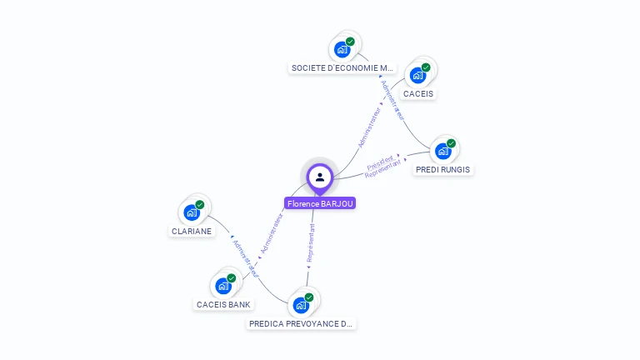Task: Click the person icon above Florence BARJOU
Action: click(320, 177)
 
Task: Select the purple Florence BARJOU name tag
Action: click(320, 203)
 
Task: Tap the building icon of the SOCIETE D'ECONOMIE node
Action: click(342, 49)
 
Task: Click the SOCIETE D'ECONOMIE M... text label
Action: click(342, 67)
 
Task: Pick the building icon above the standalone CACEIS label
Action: click(417, 75)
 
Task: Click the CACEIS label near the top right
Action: click(418, 93)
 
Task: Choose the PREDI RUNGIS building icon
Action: click(442, 151)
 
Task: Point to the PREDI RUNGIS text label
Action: click(442, 169)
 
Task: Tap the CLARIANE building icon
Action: click(192, 212)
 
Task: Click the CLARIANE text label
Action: click(192, 231)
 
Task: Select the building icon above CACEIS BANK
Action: click(222, 286)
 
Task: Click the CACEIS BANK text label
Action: click(223, 304)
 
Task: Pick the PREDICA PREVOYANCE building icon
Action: click(301, 305)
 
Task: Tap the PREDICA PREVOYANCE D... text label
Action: click(301, 323)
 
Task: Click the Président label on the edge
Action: click(380, 161)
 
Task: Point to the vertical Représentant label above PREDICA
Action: click(311, 242)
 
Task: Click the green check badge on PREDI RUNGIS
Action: click(451, 143)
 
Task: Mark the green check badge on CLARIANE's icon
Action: click(200, 204)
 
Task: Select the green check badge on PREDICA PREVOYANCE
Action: click(309, 297)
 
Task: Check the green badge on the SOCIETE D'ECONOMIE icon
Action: click(350, 42)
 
